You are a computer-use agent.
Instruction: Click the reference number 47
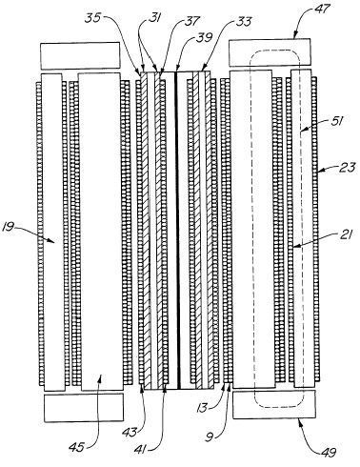(x=322, y=9)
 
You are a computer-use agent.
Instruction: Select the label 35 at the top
(x=92, y=18)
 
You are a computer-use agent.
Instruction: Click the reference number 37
(x=191, y=22)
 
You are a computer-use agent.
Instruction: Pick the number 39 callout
(x=205, y=37)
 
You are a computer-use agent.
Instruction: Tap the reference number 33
(x=244, y=22)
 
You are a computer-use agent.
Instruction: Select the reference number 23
(x=347, y=168)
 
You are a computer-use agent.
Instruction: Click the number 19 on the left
(x=10, y=227)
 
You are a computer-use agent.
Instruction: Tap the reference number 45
(x=77, y=447)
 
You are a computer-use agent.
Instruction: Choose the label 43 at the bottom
(x=130, y=433)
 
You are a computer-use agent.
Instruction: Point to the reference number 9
(x=209, y=438)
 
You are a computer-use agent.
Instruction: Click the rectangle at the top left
(x=80, y=55)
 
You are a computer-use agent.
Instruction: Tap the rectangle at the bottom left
(x=84, y=408)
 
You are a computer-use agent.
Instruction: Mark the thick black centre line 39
(x=178, y=230)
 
